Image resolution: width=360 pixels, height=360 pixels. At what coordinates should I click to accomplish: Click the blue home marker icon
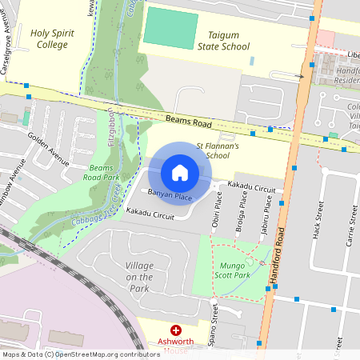[180, 173]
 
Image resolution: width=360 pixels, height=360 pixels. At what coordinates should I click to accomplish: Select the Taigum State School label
[224, 42]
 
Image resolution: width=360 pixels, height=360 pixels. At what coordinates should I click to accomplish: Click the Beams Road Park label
[104, 172]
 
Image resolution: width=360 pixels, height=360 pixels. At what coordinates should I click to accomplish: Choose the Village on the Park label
[127, 276]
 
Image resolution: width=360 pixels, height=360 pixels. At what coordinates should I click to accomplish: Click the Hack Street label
[318, 226]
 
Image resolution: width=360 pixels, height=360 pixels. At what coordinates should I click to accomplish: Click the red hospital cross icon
[176, 330]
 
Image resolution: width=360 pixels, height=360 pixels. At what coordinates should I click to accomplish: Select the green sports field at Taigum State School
[170, 30]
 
